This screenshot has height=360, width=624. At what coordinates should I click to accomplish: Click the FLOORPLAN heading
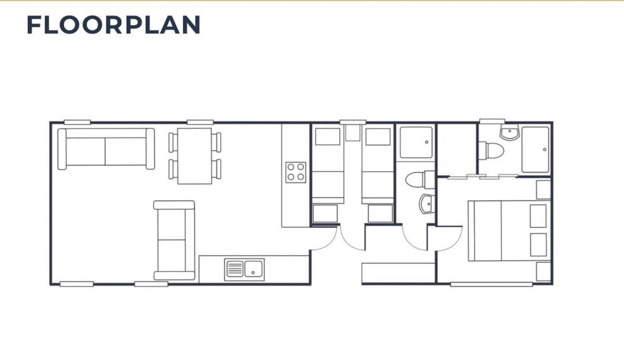click(x=113, y=25)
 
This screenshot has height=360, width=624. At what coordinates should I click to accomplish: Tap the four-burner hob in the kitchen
click(x=296, y=172)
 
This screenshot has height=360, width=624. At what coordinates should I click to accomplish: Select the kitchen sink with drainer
click(x=244, y=269)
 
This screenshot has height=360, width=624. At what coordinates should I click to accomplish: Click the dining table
click(x=195, y=156)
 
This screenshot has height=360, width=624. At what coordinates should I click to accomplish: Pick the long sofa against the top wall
click(x=106, y=149)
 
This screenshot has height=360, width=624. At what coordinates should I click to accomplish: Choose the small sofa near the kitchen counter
click(x=174, y=240)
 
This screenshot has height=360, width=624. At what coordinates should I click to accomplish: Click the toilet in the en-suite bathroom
click(x=491, y=151)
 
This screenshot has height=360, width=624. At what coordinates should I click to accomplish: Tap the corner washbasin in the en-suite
click(x=510, y=133)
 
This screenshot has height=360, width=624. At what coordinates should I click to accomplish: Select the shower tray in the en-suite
click(x=535, y=150)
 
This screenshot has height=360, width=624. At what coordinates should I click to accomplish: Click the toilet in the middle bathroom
click(x=420, y=179)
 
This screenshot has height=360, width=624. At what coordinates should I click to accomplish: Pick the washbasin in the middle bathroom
click(x=427, y=204)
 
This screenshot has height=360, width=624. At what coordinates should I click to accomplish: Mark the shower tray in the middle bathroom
click(x=416, y=142)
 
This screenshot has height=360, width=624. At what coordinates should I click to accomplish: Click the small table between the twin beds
click(x=352, y=133)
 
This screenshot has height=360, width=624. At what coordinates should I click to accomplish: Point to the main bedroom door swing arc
click(x=455, y=244)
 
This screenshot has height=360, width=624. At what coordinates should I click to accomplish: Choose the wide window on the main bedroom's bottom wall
click(x=492, y=284)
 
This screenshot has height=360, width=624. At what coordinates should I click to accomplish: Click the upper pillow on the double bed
click(x=538, y=216)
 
